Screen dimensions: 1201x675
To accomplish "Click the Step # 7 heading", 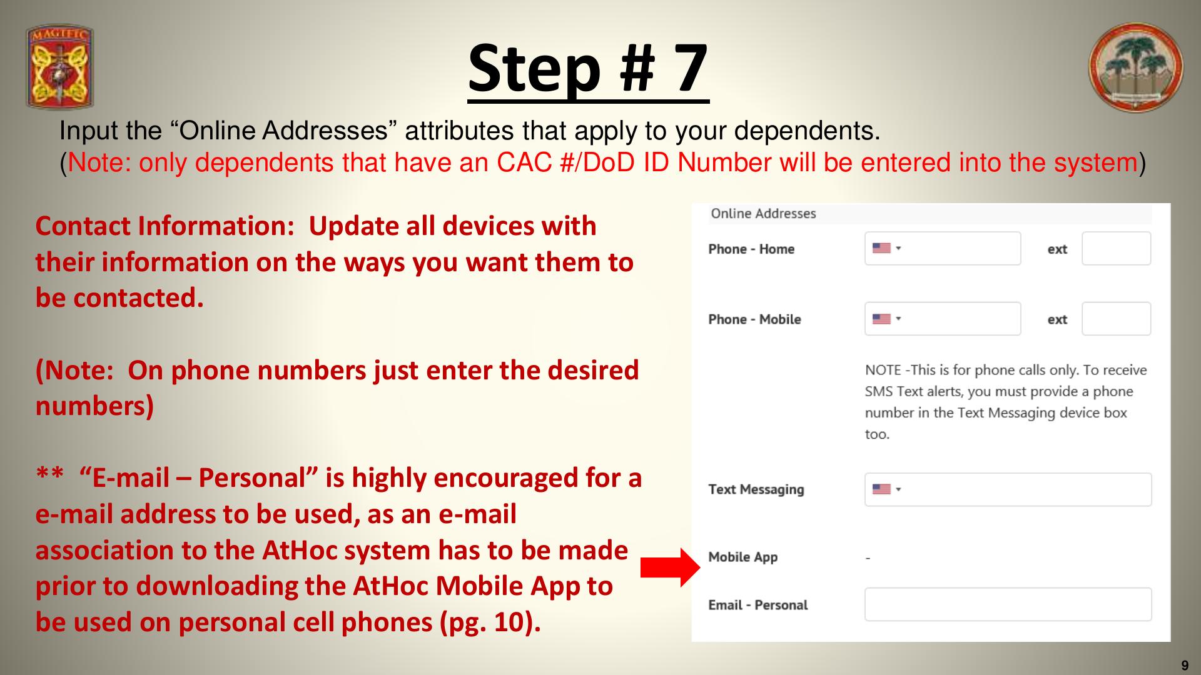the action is (x=588, y=68).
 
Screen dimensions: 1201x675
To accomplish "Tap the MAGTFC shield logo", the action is (x=59, y=67).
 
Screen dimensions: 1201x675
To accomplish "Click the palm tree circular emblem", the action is (x=1135, y=67).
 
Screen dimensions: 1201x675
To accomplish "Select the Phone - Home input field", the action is (x=943, y=248).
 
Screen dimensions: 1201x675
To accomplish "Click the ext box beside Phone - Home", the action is (x=1117, y=248).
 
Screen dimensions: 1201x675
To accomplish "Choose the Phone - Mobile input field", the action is (x=943, y=319).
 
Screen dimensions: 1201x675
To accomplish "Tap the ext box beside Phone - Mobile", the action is (x=1117, y=319).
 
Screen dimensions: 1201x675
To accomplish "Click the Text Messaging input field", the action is (x=1008, y=489).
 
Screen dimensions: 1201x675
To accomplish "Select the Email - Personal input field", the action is (x=1008, y=604).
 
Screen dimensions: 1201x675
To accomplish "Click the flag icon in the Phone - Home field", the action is (x=881, y=248).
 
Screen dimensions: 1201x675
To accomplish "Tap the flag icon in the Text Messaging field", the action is (x=881, y=489).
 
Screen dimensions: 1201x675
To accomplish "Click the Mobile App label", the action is (x=742, y=557).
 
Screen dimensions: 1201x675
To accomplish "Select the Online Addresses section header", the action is (x=763, y=214).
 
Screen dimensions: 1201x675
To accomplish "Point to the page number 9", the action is (x=1185, y=666).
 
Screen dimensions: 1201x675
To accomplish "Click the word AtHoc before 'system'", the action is (x=300, y=550).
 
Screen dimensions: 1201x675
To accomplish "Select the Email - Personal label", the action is (x=758, y=605).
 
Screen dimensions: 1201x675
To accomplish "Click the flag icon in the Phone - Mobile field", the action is (x=881, y=319).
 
